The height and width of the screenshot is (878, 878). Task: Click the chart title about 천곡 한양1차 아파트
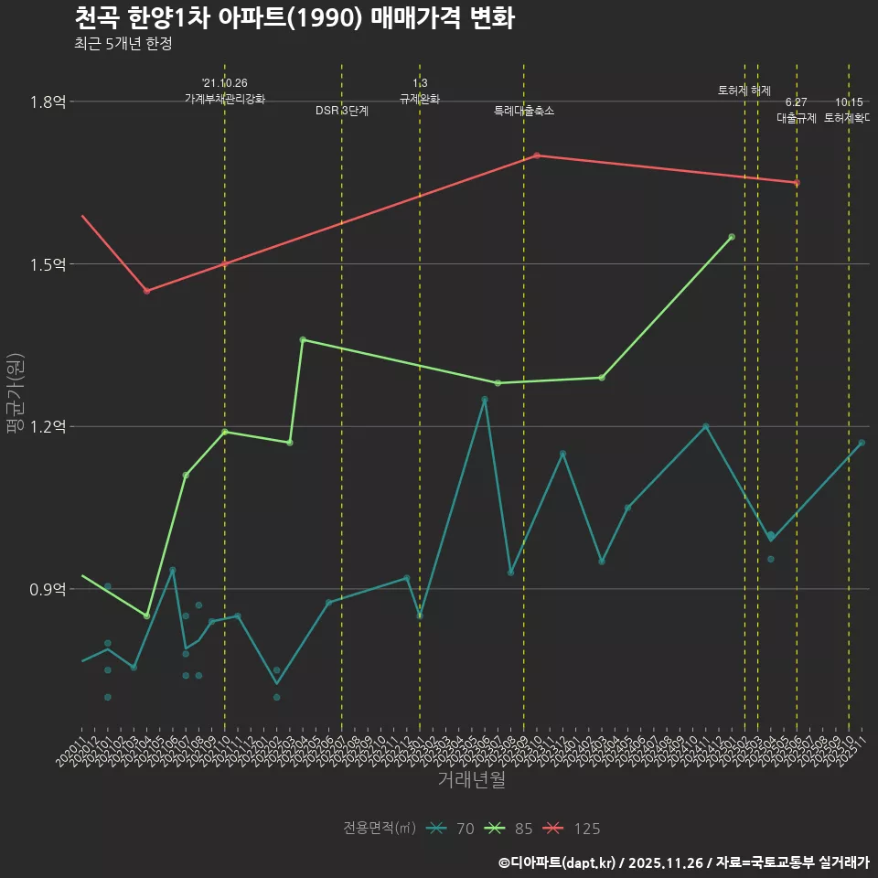294,18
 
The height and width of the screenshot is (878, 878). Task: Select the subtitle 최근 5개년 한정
123,43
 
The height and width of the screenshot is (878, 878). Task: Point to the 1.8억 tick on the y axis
48,102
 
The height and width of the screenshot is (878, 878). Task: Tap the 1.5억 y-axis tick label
48,264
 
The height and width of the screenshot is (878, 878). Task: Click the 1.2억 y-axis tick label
48,427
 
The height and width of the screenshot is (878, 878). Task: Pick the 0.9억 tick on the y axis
48,589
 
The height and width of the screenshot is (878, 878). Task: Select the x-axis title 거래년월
471,780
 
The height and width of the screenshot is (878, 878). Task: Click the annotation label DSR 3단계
342,111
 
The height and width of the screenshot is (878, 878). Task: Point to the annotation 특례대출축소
524,111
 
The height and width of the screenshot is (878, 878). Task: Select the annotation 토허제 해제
744,91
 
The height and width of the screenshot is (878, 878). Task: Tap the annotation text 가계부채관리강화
225,99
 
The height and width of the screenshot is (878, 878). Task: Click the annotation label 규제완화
420,99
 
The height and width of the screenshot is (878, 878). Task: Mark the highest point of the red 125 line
537,155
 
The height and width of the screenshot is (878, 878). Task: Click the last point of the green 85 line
732,237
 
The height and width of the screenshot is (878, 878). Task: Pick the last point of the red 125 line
797,183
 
